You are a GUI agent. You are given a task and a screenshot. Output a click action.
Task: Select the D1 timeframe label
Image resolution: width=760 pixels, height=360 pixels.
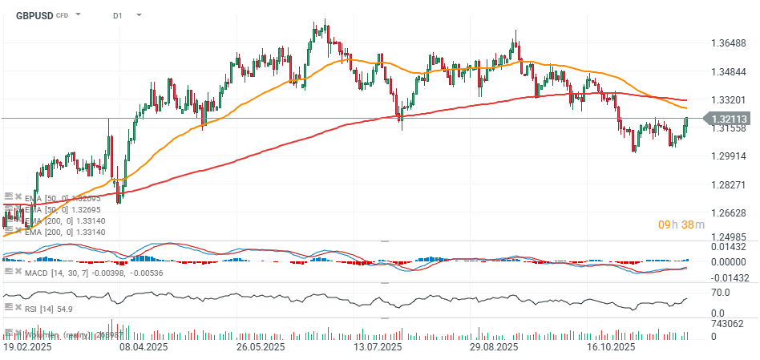(118, 15)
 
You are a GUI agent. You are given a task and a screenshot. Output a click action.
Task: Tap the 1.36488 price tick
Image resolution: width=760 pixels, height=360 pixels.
(729, 43)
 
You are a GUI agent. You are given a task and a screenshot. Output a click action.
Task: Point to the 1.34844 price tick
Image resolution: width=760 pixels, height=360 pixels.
(729, 72)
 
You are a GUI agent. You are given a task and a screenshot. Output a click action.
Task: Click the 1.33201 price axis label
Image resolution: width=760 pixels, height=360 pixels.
(729, 100)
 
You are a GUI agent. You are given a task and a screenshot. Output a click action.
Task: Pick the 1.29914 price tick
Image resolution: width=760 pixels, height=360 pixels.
(729, 156)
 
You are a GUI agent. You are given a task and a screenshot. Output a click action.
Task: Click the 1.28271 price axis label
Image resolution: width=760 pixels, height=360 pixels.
(729, 185)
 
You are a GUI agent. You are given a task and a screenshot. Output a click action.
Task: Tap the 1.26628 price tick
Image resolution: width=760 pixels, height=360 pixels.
(729, 213)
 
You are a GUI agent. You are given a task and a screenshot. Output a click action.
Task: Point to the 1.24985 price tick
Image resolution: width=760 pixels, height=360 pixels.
(729, 238)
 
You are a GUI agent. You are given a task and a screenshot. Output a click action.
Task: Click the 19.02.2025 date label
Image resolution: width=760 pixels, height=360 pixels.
(28, 348)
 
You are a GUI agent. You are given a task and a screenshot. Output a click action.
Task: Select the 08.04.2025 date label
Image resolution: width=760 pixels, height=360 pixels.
(144, 348)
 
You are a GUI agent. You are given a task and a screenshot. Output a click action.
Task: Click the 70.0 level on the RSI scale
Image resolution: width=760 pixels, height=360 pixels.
(720, 293)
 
